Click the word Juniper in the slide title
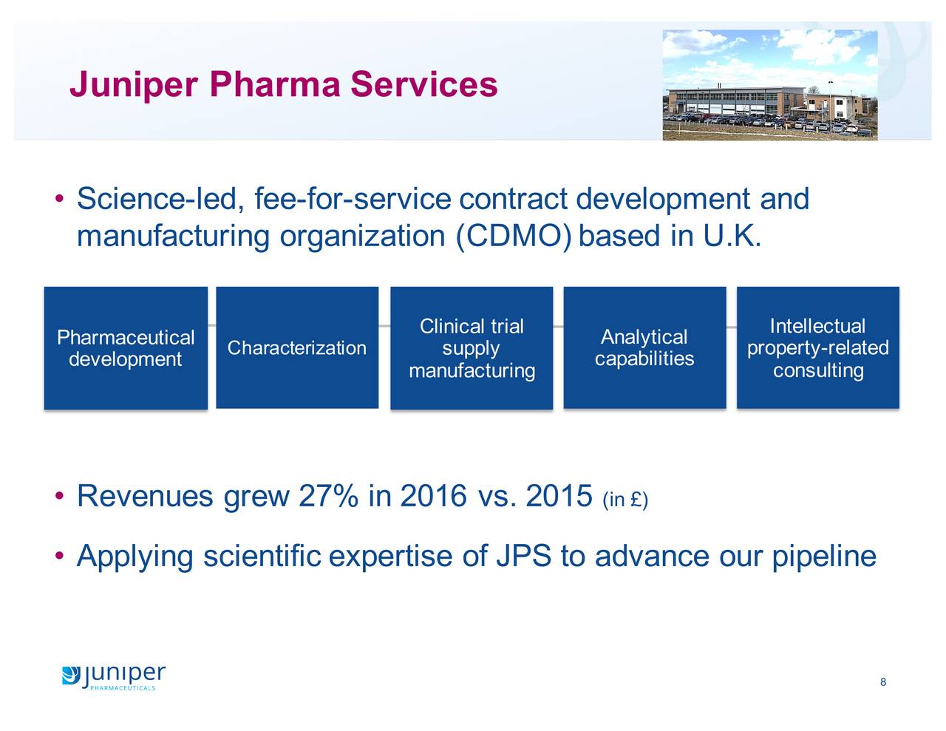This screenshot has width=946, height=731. [x=134, y=85]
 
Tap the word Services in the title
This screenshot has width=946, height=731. [x=423, y=84]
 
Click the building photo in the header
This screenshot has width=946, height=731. [x=769, y=85]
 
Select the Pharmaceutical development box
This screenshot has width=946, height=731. [x=126, y=348]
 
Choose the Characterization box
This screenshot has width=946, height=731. [x=297, y=347]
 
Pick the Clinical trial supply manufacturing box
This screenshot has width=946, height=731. [x=472, y=348]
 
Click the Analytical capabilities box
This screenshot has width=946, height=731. [x=644, y=347]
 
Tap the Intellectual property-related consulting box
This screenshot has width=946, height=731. [x=818, y=347]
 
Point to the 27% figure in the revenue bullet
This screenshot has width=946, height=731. [x=329, y=496]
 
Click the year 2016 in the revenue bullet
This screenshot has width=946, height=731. [x=434, y=496]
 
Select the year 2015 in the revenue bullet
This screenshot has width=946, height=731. [x=559, y=496]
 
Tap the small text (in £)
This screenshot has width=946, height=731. [x=625, y=500]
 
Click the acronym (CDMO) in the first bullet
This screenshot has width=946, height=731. [x=513, y=237]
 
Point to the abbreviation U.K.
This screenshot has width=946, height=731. [x=732, y=236]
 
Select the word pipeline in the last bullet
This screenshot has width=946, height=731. [x=824, y=558]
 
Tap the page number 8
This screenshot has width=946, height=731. [x=883, y=682]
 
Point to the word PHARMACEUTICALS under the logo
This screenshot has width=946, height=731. [x=123, y=688]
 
